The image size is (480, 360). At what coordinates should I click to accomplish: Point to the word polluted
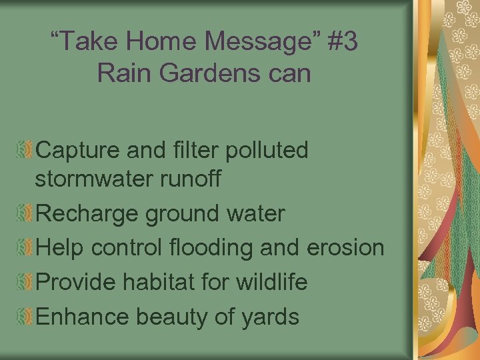click(x=268, y=151)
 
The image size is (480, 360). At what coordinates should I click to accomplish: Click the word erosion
click(x=345, y=248)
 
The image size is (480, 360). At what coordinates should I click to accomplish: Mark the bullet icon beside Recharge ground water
click(x=25, y=214)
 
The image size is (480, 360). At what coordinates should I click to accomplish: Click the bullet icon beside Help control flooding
click(x=25, y=248)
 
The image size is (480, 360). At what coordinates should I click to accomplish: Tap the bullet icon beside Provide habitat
click(x=25, y=282)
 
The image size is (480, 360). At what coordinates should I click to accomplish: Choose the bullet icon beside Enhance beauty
click(x=25, y=316)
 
